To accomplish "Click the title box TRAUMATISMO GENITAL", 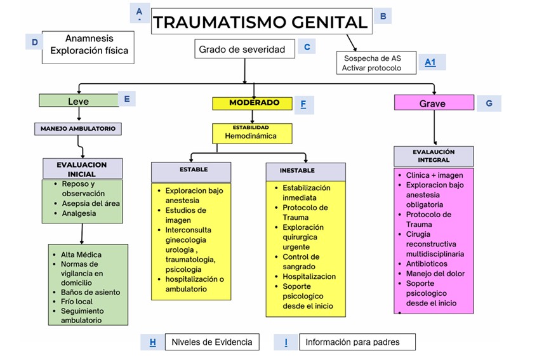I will (260, 22).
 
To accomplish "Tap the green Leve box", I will (79, 101).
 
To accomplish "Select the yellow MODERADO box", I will (254, 103).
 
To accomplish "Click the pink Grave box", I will (434, 103).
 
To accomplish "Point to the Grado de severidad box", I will (245, 49).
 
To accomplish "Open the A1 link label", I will (431, 62).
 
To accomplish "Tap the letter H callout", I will (152, 342).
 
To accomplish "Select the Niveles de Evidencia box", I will (212, 342).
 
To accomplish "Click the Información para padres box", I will (357, 342).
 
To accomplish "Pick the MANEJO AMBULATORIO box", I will (77, 128).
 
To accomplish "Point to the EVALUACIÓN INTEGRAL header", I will (434, 156).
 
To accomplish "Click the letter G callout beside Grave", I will (489, 103).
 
